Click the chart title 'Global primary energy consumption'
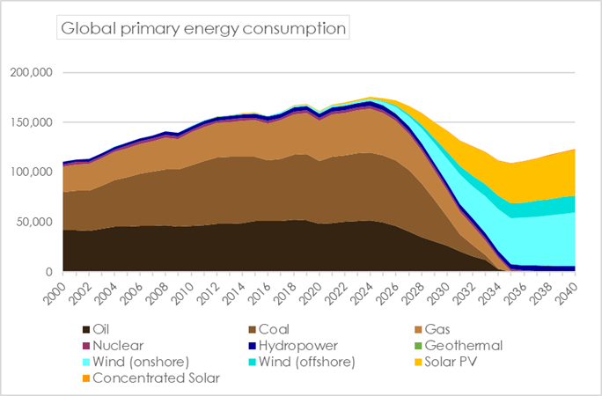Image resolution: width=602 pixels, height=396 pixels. [203, 27]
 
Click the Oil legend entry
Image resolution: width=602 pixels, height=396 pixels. [103, 330]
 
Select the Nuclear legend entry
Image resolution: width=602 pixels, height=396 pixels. [115, 347]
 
